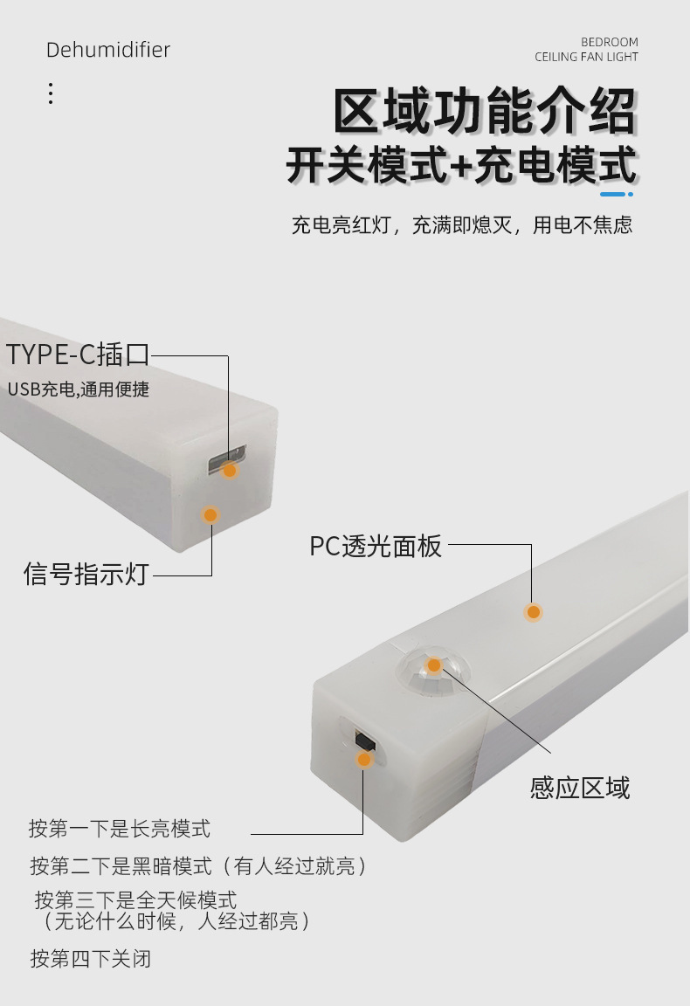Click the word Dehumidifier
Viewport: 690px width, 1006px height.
coord(107,50)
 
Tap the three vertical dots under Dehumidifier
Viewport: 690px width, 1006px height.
coord(51,93)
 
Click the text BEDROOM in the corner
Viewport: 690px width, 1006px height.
coord(609,42)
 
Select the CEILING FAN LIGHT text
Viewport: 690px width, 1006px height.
coord(586,57)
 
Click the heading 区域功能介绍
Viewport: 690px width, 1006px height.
coord(484,111)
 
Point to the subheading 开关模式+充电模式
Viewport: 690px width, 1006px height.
coord(460,166)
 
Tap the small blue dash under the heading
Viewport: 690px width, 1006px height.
coord(614,194)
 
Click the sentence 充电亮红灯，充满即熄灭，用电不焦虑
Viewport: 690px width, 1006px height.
coord(461,225)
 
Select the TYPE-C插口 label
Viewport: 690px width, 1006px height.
coord(79,355)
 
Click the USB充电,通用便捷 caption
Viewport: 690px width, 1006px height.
coord(79,389)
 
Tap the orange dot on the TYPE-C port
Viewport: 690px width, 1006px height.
coord(230,470)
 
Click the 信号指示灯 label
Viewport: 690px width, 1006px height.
coord(86,575)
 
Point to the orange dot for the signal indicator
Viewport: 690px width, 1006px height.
coord(210,515)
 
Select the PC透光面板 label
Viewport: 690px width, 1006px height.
coord(376,547)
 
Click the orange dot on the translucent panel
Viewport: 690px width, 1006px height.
coord(533,612)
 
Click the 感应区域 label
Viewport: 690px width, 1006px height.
coord(579,788)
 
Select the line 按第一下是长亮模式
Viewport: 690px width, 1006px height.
coord(120,828)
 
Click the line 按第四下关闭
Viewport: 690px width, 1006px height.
coord(91,958)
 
